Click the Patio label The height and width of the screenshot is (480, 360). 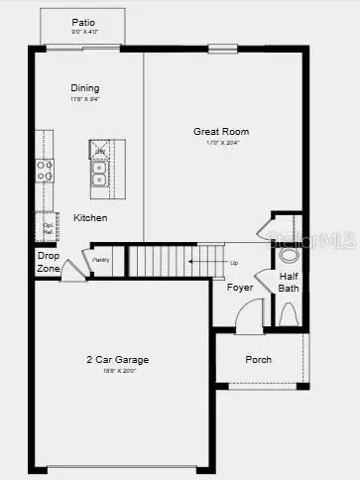(x=84, y=22)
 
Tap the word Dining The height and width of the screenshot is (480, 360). (x=85, y=87)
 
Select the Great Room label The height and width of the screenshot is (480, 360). (x=220, y=131)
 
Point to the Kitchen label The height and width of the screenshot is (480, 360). (x=90, y=217)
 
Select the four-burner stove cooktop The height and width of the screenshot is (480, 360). (x=45, y=170)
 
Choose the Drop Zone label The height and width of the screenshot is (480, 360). (x=48, y=262)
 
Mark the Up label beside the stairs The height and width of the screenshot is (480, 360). (x=234, y=263)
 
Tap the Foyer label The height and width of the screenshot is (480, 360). (x=239, y=288)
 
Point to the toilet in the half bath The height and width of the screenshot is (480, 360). (x=289, y=314)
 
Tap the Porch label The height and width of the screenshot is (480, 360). (x=259, y=359)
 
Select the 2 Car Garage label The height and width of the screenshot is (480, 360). (x=117, y=359)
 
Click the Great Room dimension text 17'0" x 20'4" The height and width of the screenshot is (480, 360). (x=220, y=144)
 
